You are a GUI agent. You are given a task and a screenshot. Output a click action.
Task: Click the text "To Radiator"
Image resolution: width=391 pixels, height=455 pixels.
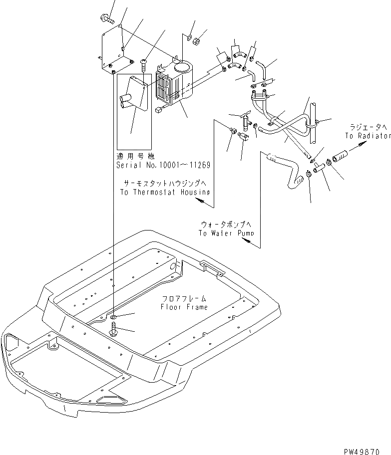click(367, 136)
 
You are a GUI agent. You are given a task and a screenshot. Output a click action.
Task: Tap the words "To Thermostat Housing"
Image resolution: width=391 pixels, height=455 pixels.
click(165, 192)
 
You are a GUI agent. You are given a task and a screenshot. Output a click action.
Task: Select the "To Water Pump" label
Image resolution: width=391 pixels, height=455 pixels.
click(225, 232)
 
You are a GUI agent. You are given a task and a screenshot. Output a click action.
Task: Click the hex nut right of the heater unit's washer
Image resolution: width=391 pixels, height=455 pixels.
click(197, 40)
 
